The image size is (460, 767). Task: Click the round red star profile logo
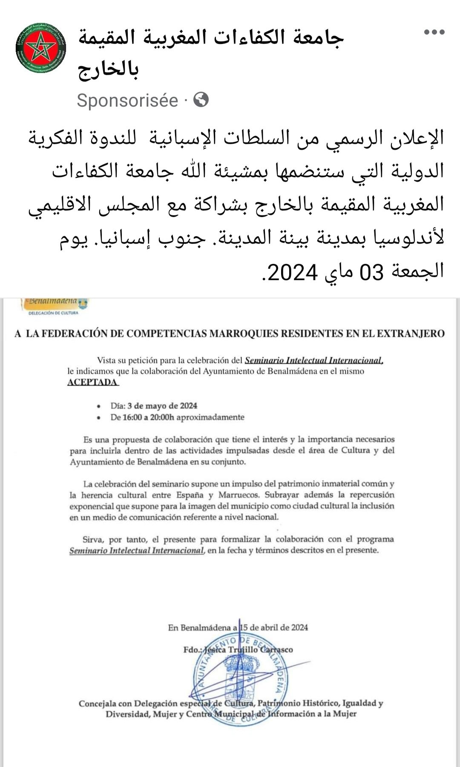point(41,48)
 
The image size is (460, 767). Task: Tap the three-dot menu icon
point(434,32)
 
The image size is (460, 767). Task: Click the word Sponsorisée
point(127,101)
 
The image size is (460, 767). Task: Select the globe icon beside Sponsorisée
point(201,100)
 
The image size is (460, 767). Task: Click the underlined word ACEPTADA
point(92,382)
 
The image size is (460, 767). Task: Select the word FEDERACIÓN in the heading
point(75,333)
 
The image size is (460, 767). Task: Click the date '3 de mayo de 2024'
point(162,405)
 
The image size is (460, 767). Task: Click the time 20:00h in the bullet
point(162,417)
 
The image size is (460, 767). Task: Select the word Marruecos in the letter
point(239,495)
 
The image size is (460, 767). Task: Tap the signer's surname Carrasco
point(276,650)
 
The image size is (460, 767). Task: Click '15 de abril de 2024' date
point(274,627)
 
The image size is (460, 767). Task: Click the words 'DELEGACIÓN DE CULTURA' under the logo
point(53,313)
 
